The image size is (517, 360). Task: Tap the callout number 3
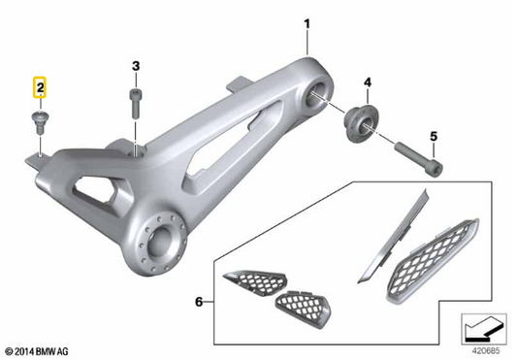click(x=136, y=66)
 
